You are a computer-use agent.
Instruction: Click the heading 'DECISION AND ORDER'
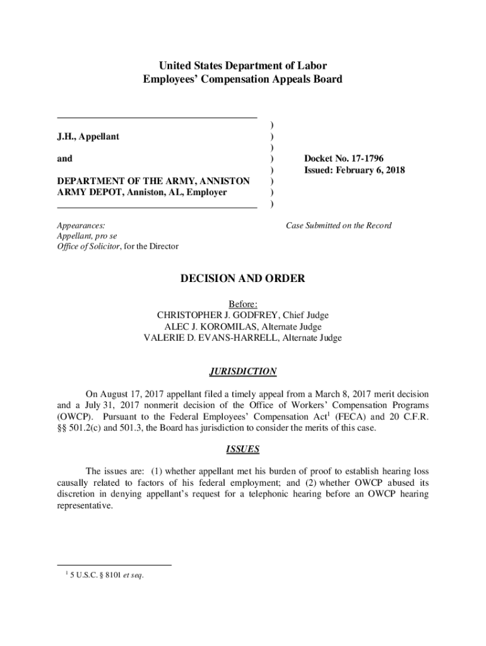[x=243, y=278]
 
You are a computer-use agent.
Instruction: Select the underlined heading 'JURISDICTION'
[x=243, y=372]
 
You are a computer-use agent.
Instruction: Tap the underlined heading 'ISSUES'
[x=243, y=450]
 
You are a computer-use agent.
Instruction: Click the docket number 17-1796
[x=362, y=158]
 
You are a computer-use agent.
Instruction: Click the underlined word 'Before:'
[x=243, y=304]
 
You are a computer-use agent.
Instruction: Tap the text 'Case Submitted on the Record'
[x=339, y=225]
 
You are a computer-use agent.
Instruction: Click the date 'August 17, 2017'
[x=129, y=394]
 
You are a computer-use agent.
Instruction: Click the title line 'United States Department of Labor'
[x=243, y=66]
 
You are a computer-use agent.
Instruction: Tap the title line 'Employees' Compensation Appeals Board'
[x=243, y=79]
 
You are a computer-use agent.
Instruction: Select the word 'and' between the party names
[x=64, y=159]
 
